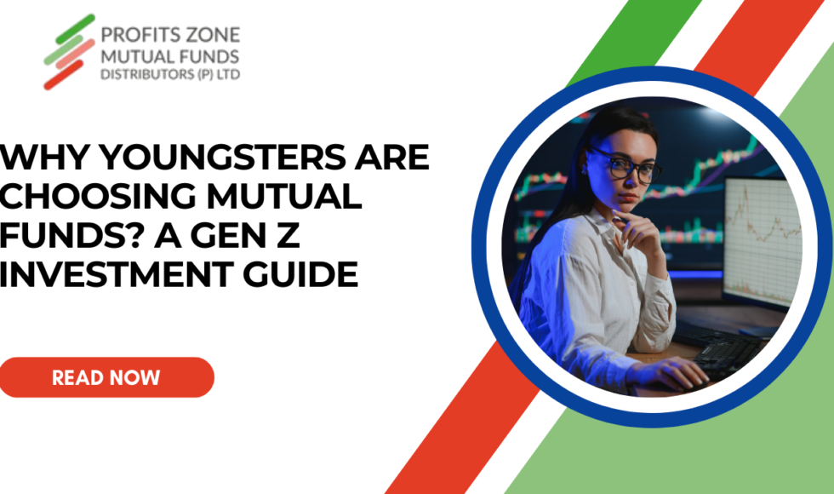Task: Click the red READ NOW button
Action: (106, 377)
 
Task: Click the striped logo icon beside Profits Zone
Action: (69, 51)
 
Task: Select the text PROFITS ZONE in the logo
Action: (170, 36)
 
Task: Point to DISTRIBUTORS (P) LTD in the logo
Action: (170, 74)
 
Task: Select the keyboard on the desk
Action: (723, 353)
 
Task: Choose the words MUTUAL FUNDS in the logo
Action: (170, 56)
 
